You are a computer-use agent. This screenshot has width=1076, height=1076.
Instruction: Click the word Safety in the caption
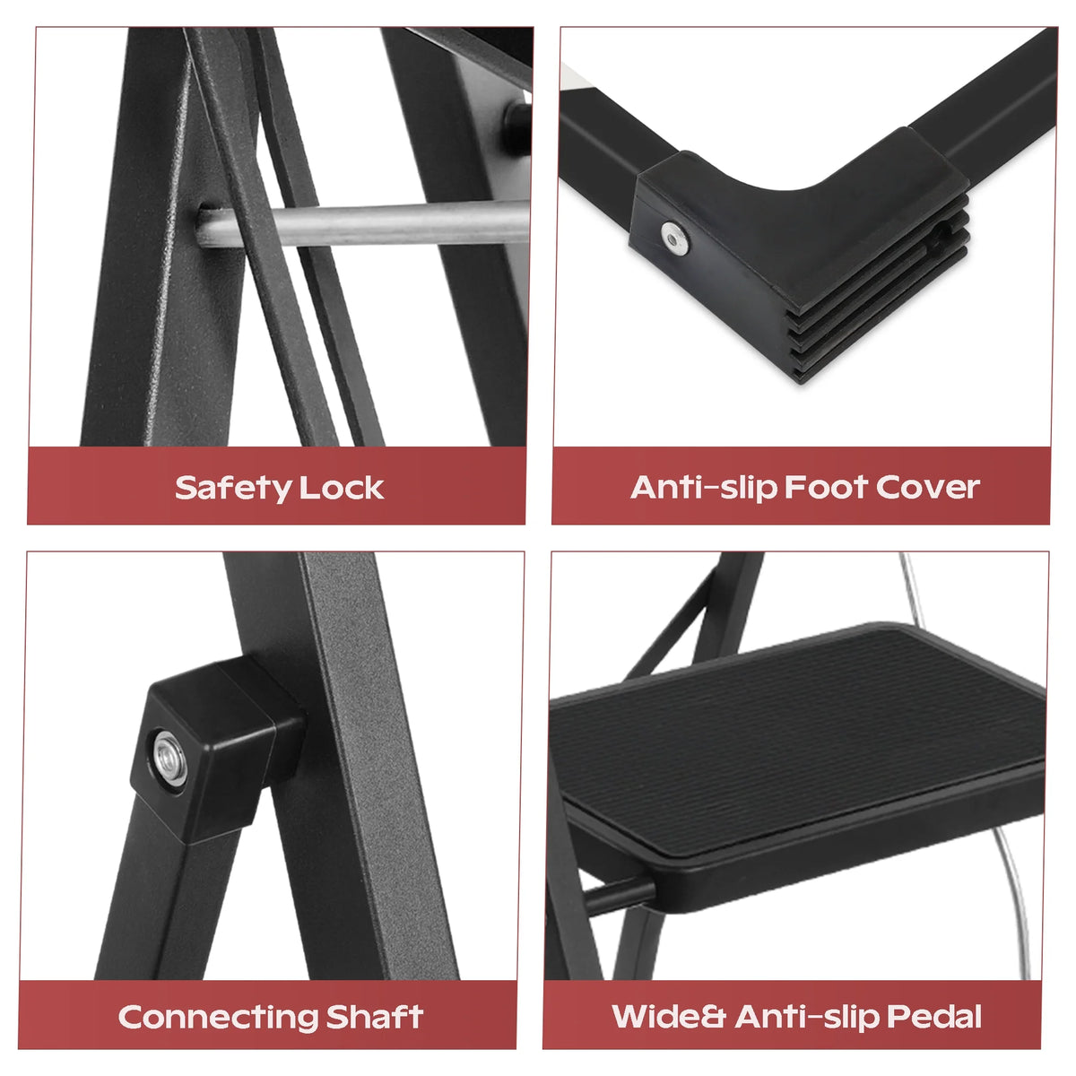pyautogui.click(x=233, y=489)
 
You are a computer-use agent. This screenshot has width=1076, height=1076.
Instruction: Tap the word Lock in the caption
pyautogui.click(x=342, y=488)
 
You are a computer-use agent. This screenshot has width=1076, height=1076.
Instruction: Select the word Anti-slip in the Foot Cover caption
pyautogui.click(x=704, y=488)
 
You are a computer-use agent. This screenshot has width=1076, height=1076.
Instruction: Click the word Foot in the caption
pyautogui.click(x=827, y=487)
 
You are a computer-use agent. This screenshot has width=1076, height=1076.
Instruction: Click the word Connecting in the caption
pyautogui.click(x=218, y=1018)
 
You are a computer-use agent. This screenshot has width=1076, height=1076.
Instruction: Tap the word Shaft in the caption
pyautogui.click(x=374, y=1016)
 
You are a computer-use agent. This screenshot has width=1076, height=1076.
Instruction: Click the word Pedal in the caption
pyautogui.click(x=934, y=1016)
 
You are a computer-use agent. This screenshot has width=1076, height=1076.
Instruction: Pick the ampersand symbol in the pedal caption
pyautogui.click(x=713, y=1016)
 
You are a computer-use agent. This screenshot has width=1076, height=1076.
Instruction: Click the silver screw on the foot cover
pyautogui.click(x=674, y=239)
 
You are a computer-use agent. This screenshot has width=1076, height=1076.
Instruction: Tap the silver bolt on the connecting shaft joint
pyautogui.click(x=169, y=759)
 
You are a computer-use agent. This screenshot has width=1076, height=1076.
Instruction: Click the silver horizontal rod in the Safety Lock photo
pyautogui.click(x=362, y=223)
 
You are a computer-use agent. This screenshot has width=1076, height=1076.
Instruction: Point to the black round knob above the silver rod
pyautogui.click(x=516, y=128)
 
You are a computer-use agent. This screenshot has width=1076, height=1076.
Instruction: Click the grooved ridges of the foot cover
pyautogui.click(x=877, y=291)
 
